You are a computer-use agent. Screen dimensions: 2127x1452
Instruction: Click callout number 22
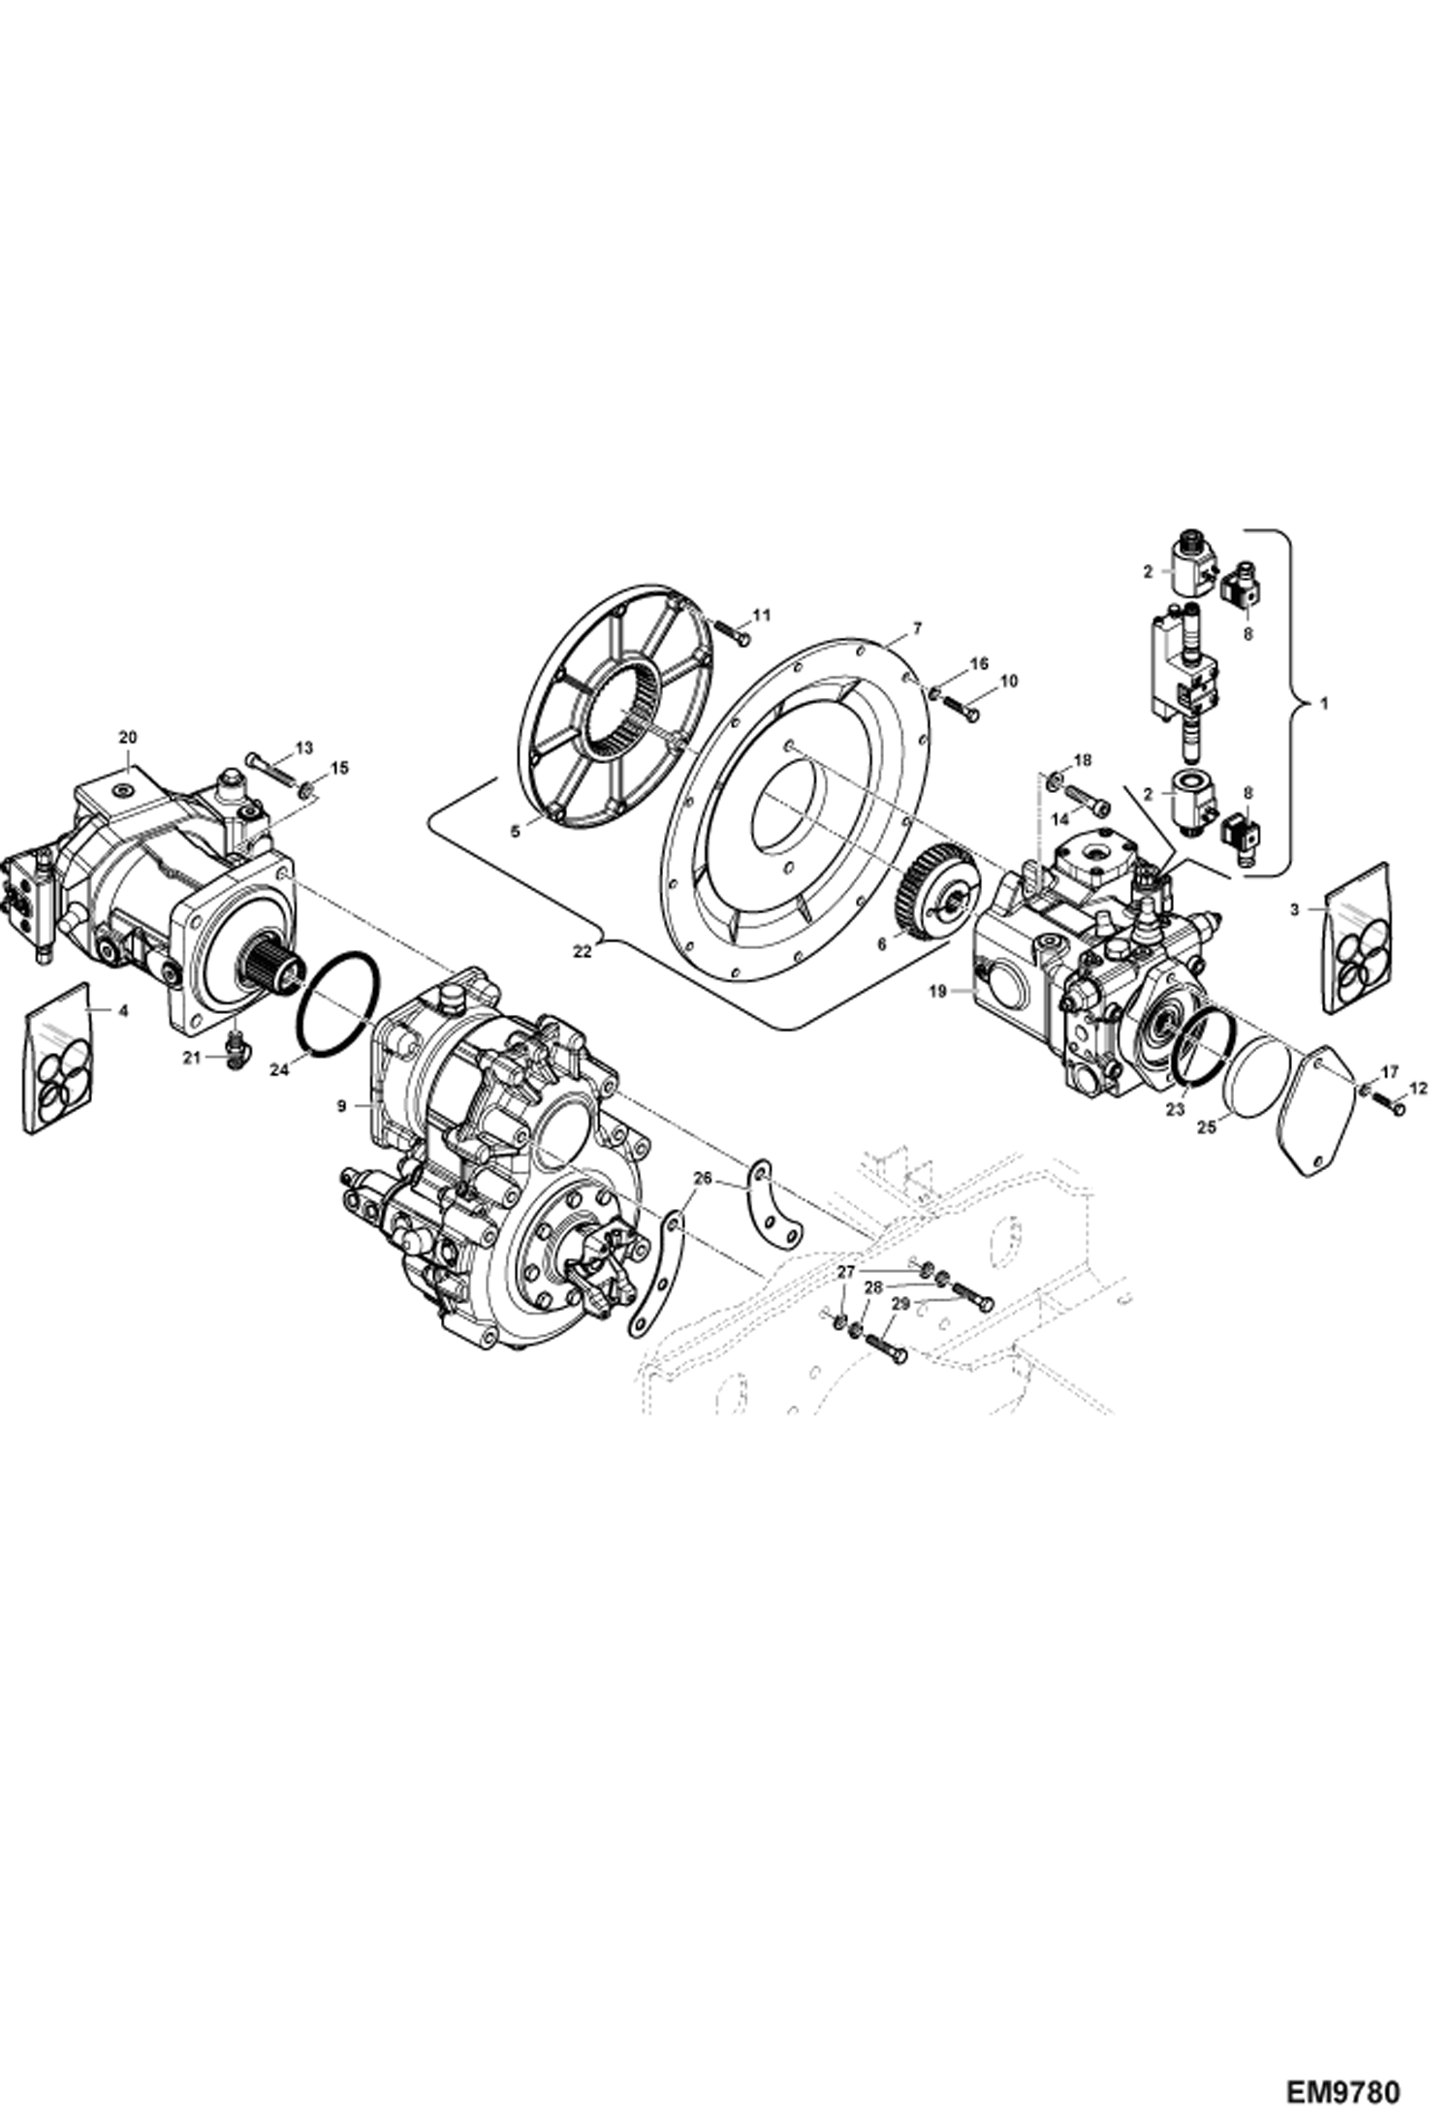coord(582,951)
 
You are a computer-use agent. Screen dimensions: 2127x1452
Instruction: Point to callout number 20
coord(128,737)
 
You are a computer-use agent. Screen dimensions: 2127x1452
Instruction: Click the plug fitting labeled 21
coord(234,1049)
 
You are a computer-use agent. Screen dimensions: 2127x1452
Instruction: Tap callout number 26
coord(703,1178)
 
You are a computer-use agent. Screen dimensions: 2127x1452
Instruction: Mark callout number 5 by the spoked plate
coord(516,831)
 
